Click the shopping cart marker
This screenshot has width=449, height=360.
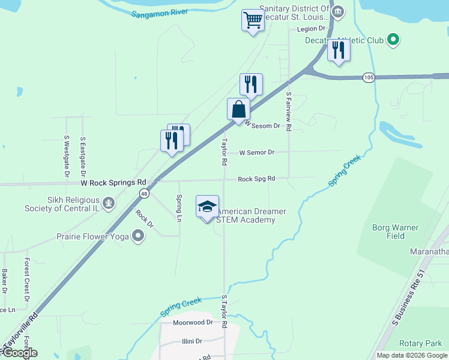coord(253,20)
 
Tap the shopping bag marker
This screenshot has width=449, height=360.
coord(238,110)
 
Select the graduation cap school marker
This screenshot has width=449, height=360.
coord(207,207)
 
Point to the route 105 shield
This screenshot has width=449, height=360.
coord(369,77)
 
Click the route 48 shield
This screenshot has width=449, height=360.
coord(144,193)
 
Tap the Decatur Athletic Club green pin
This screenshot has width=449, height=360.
coord(393,40)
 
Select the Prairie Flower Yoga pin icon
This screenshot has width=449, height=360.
coord(138,236)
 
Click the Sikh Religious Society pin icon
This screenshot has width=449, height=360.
coord(108,204)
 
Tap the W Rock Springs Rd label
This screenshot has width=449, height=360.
coord(113,182)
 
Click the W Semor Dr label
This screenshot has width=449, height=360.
coord(256,152)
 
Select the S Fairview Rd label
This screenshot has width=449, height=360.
coord(289,111)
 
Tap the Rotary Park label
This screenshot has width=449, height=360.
coord(421,344)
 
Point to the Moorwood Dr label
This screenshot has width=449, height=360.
coord(193,322)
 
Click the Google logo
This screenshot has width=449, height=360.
coord(20,353)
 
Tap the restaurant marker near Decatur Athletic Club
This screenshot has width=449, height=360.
coord(339,50)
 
